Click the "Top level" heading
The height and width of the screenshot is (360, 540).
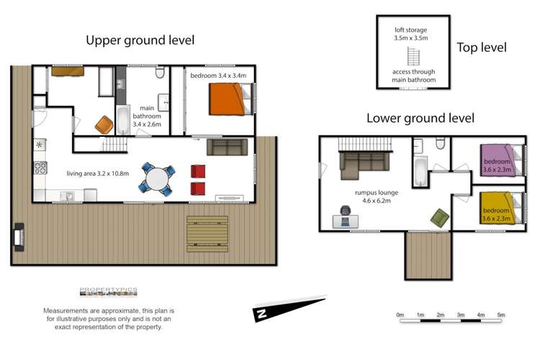[x=482, y=48]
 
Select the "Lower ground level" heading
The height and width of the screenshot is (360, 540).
[x=420, y=118]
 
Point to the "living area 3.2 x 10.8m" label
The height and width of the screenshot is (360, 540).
[x=97, y=174]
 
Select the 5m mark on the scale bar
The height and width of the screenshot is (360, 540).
[x=501, y=315]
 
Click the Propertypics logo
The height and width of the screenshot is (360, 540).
[x=108, y=292]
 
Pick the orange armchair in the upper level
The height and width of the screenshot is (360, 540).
[x=104, y=125]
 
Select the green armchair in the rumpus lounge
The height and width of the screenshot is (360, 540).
[x=438, y=216]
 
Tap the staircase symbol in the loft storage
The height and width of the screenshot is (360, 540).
[x=413, y=55]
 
